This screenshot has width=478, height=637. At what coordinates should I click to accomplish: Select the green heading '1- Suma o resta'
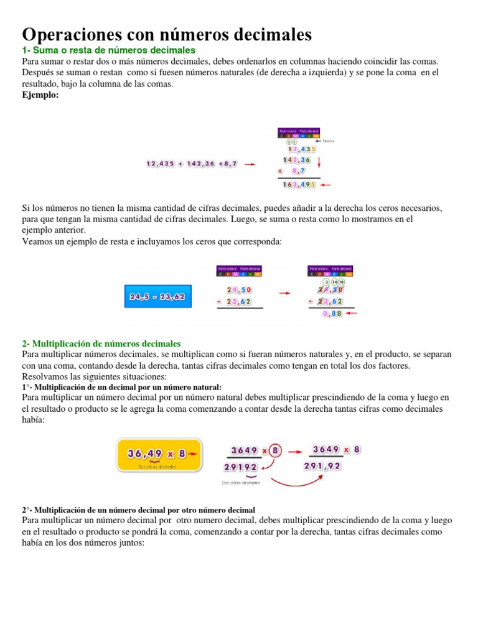[109, 50]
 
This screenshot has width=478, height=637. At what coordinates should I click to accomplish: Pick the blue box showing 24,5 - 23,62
[158, 297]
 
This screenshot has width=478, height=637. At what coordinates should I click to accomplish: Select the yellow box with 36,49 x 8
[160, 454]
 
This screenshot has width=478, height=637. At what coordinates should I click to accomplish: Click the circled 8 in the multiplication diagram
[276, 450]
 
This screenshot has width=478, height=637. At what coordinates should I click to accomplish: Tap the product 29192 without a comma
[243, 467]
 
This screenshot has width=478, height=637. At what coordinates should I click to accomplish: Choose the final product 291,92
[322, 466]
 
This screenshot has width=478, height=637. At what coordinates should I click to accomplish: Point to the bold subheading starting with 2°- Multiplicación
[138, 509]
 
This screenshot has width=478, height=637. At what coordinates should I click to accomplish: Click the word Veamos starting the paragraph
[39, 242]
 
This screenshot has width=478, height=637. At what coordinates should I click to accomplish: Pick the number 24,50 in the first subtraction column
[239, 289]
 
